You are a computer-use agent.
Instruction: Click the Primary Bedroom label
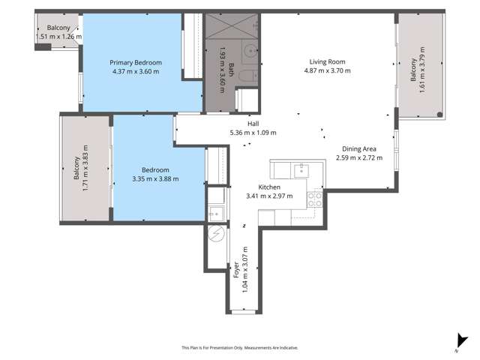[x=136, y=62]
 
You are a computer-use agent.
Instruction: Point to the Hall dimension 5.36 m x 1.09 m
[x=253, y=133]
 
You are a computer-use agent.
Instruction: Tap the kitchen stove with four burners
[x=315, y=199]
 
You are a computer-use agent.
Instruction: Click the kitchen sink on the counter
[x=302, y=168]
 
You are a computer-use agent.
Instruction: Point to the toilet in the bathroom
[x=250, y=76]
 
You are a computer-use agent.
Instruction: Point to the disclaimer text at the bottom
[x=240, y=347]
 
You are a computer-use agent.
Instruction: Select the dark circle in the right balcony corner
[x=440, y=115]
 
